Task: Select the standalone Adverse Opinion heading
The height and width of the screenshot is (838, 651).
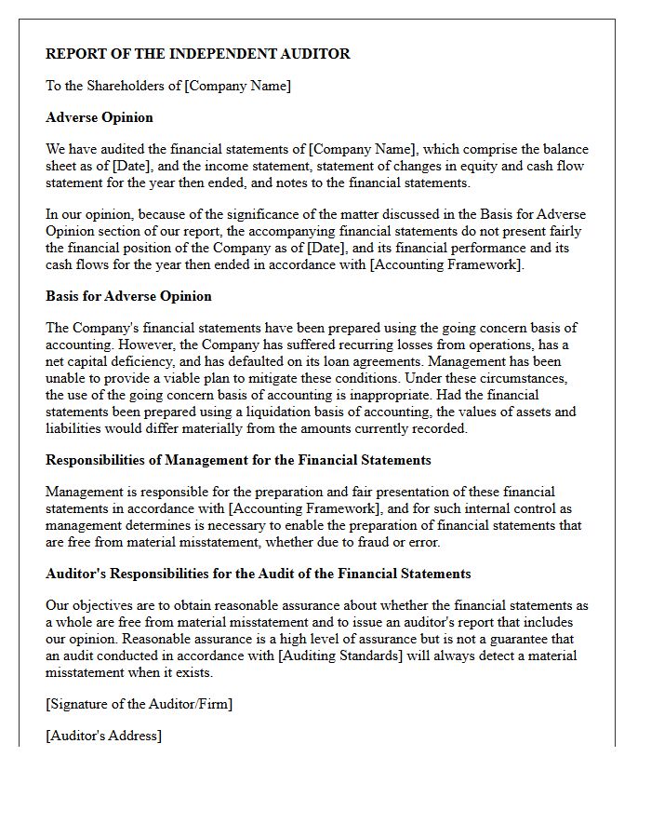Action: tap(100, 117)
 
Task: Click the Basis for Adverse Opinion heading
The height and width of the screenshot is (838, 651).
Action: tap(128, 296)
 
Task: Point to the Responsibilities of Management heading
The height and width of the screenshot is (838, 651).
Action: tap(238, 460)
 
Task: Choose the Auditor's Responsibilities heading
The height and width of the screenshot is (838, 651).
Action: tap(259, 574)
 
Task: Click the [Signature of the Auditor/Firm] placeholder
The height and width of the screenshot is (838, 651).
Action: tap(139, 704)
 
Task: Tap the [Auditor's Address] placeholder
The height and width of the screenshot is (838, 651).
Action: tap(103, 736)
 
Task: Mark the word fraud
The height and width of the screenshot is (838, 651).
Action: tap(388, 542)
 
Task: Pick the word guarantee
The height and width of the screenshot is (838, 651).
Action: tap(529, 639)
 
